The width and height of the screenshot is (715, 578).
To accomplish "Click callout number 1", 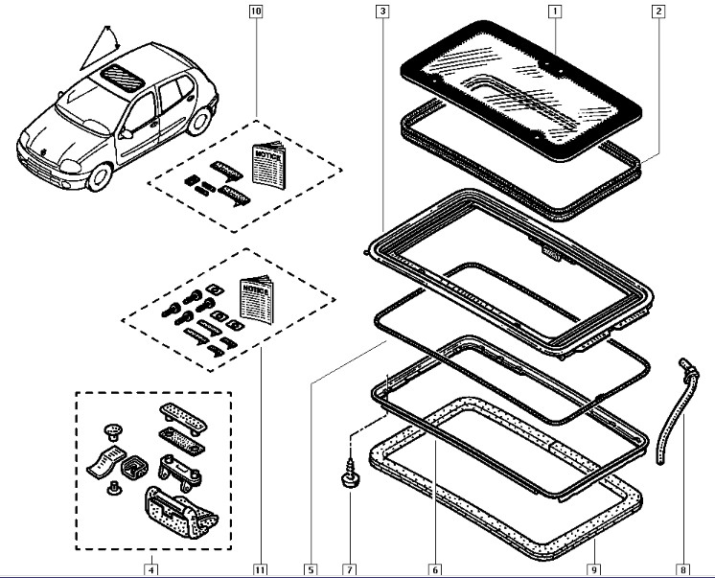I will (554, 12).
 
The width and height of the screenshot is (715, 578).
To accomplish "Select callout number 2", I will (658, 12).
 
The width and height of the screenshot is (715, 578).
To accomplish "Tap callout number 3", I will (382, 12).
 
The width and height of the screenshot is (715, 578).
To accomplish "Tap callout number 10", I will (254, 12).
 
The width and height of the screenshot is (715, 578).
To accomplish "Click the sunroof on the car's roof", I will (121, 70).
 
